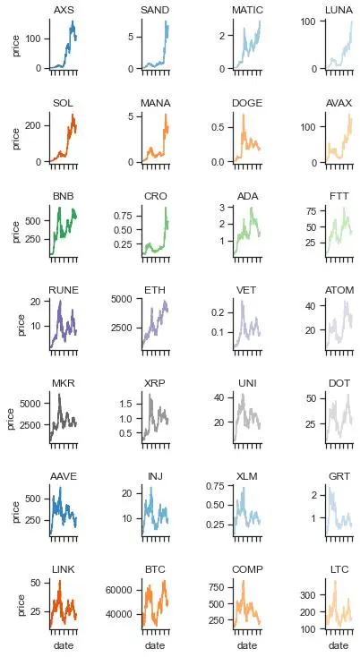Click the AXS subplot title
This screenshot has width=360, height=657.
64,10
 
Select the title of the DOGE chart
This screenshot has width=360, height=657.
247,103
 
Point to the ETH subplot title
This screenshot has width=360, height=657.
155,290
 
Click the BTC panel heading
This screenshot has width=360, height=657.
155,569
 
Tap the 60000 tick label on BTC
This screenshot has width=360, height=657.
118,591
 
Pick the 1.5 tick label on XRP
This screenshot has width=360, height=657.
124,404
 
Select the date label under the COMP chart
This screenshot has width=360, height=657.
247,645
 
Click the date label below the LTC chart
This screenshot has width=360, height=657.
339,645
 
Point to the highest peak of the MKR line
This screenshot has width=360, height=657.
59,394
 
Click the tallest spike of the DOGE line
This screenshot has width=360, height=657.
243,115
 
